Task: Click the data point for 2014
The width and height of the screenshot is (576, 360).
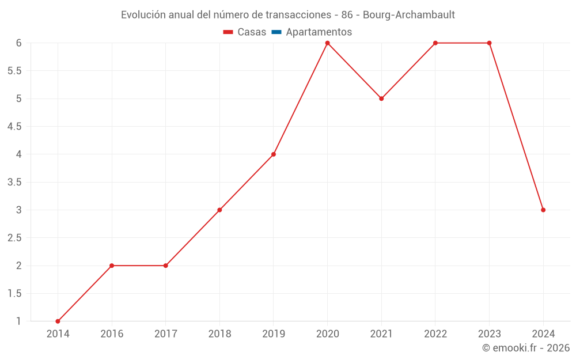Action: (x=58, y=321)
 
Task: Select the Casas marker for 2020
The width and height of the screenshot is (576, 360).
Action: (x=327, y=43)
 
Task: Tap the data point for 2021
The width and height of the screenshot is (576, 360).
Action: (x=381, y=98)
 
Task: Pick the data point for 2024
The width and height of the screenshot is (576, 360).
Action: (x=543, y=210)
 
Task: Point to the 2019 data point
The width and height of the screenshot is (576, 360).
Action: (x=274, y=154)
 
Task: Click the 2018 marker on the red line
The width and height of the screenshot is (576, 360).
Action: (x=219, y=210)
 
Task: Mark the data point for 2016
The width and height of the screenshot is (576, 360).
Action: (x=112, y=266)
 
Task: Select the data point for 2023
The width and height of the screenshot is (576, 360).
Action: (x=489, y=43)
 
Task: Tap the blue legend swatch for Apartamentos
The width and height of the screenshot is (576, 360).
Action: (x=276, y=32)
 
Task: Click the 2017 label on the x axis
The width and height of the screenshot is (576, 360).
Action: (x=165, y=334)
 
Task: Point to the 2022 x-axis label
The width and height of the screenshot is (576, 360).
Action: (x=435, y=334)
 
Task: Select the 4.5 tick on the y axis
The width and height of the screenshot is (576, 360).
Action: (x=14, y=127)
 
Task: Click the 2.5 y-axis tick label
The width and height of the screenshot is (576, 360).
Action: (x=14, y=238)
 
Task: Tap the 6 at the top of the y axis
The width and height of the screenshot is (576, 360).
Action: (x=18, y=43)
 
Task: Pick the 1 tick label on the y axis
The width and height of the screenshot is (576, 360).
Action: (x=18, y=321)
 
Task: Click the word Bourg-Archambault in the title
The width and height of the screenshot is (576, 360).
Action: (x=408, y=15)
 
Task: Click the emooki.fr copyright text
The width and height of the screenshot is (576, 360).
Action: (x=526, y=348)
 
